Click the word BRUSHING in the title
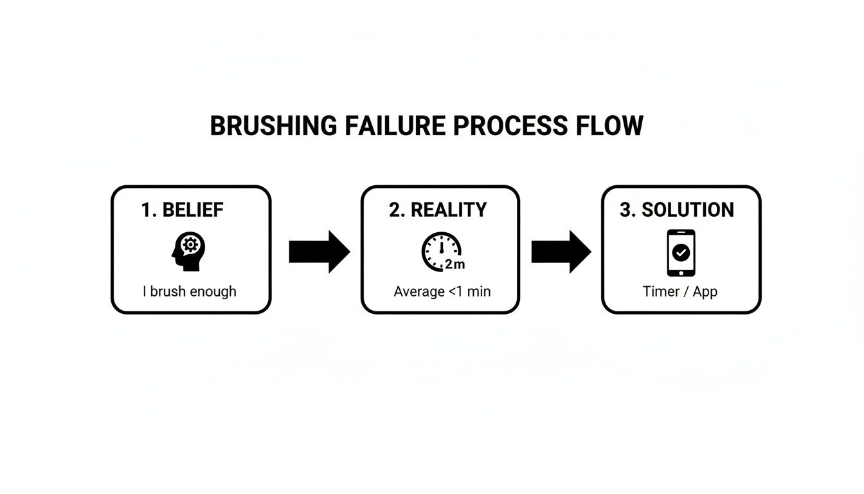click(273, 125)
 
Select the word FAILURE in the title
click(395, 125)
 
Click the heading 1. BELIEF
click(183, 210)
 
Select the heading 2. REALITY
click(438, 210)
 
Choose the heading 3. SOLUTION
click(677, 210)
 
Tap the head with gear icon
click(188, 252)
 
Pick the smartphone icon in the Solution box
click(681, 252)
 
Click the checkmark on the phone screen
click(681, 253)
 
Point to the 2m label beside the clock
click(455, 264)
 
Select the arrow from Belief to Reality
click(319, 252)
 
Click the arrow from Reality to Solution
click(561, 252)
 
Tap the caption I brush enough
click(190, 291)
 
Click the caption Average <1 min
click(442, 291)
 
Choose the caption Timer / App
click(680, 291)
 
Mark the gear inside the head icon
click(190, 244)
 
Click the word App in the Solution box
click(705, 291)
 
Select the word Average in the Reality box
click(419, 291)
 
